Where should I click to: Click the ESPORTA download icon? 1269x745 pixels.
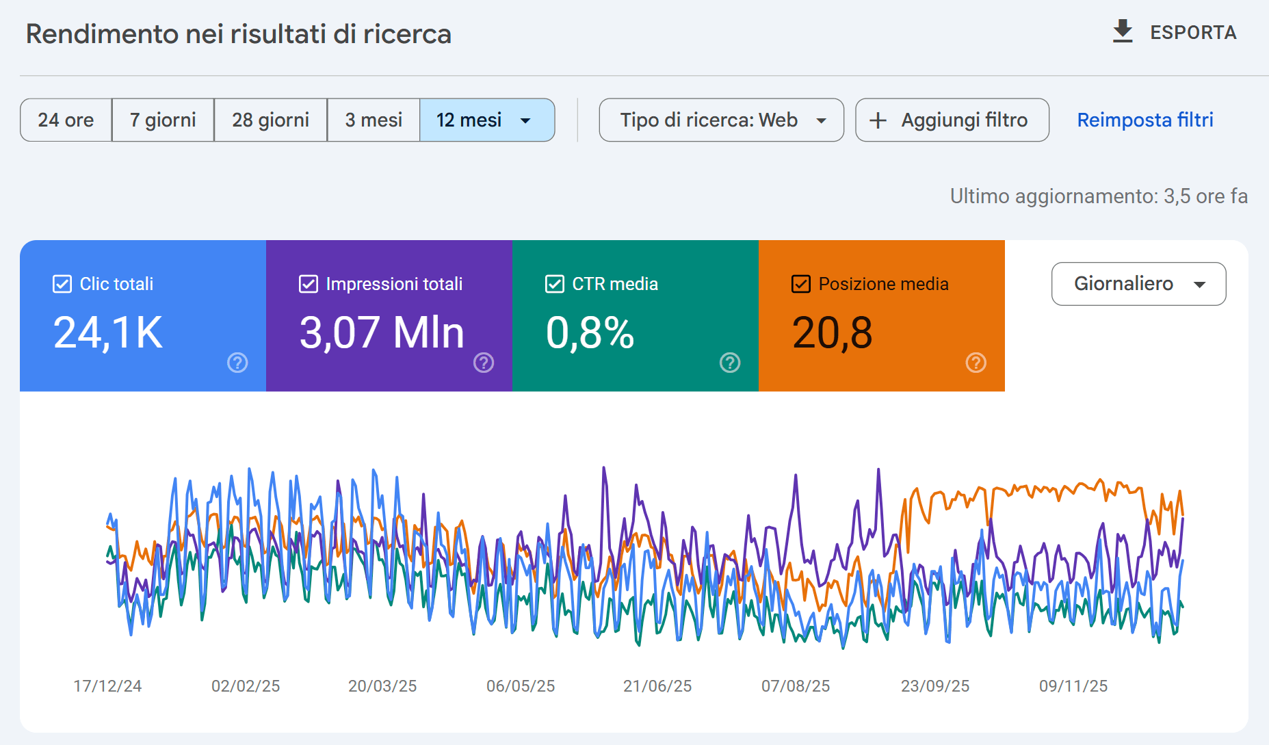coord(1122,31)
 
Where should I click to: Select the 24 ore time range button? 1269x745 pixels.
coord(66,120)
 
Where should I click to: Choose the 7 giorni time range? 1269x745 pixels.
coord(163,120)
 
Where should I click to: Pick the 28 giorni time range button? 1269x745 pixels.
coord(270,120)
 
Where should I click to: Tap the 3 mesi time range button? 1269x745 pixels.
coord(374,120)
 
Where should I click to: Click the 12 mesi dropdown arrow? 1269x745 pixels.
coord(525,121)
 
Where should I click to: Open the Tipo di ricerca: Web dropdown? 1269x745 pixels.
coord(721,120)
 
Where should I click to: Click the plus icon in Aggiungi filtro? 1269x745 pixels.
coord(878,121)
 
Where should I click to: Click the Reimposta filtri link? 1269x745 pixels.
coord(1144,120)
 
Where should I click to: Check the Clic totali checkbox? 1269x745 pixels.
coord(62,284)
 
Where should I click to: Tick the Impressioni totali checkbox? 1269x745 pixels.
coord(309,284)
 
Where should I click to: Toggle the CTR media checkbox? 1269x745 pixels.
coord(555,284)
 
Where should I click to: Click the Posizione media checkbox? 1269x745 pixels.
coord(801,284)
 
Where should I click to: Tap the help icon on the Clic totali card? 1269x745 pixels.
coord(237,363)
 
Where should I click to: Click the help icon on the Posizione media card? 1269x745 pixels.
coord(976,363)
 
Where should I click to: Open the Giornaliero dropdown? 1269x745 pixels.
coord(1138,284)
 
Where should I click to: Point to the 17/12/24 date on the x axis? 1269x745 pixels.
coord(107,686)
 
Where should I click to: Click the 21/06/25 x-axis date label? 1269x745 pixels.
coord(657,686)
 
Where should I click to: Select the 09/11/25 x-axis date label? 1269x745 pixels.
coord(1073,686)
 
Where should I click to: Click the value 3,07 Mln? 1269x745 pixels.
coord(382,333)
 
